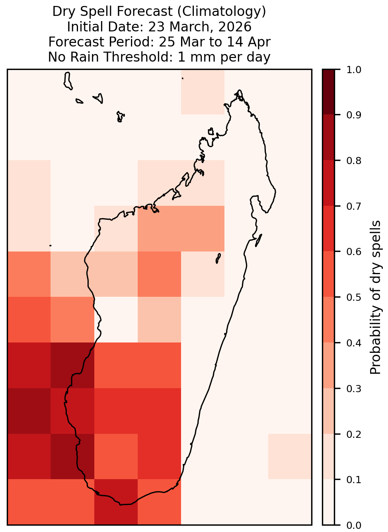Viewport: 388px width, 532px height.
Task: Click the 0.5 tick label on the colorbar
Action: pyautogui.click(x=354, y=297)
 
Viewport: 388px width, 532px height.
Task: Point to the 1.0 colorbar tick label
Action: pyautogui.click(x=354, y=70)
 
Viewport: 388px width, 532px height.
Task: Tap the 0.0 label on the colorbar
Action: pyautogui.click(x=354, y=525)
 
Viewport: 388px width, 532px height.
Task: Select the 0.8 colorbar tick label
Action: pyautogui.click(x=354, y=161)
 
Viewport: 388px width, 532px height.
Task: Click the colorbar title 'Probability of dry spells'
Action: pyautogui.click(x=375, y=297)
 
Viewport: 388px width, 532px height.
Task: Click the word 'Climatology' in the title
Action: pyautogui.click(x=222, y=12)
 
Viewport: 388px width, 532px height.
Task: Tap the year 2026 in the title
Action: pyautogui.click(x=234, y=27)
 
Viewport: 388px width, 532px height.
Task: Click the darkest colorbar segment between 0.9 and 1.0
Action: pyautogui.click(x=329, y=92)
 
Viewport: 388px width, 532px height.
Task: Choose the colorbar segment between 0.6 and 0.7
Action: pyautogui.click(x=329, y=229)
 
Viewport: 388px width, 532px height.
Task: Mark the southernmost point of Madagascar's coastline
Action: pyautogui.click(x=121, y=505)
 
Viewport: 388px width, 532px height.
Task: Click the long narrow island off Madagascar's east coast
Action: pyautogui.click(x=259, y=240)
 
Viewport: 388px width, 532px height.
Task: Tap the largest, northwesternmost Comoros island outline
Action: pyautogui.click(x=68, y=81)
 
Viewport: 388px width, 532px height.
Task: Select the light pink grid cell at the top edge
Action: pyautogui.click(x=203, y=92)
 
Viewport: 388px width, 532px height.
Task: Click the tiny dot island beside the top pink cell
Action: pyautogui.click(x=183, y=78)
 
